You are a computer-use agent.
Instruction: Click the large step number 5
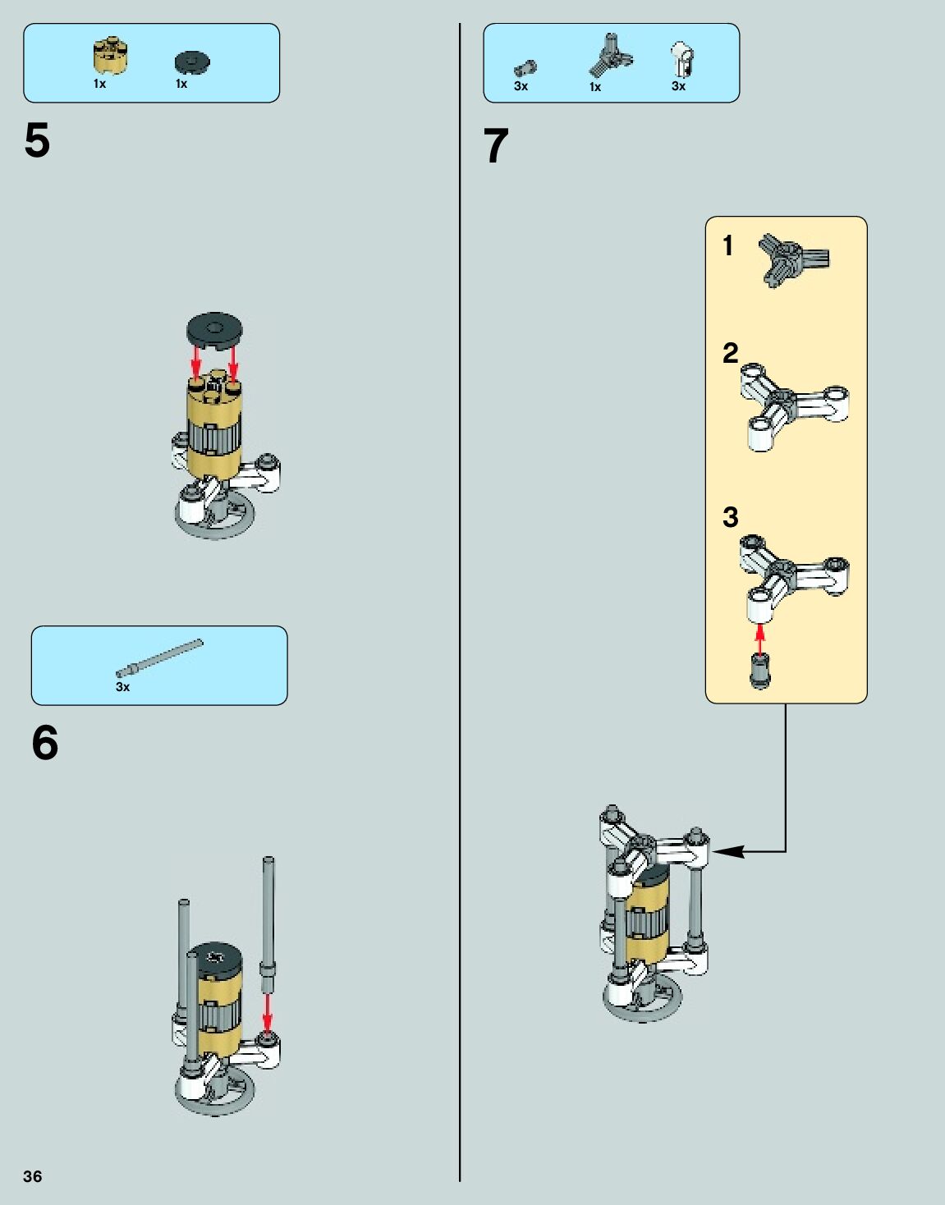(37, 141)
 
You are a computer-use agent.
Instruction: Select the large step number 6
(45, 743)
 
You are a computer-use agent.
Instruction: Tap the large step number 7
(496, 147)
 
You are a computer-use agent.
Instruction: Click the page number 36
(32, 1176)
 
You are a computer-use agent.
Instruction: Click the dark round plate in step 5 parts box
(192, 62)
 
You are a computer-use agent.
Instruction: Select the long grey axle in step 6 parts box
(159, 658)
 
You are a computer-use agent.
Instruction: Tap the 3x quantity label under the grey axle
(122, 687)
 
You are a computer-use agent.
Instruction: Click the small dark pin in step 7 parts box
(525, 68)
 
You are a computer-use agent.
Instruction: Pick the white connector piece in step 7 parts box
(681, 59)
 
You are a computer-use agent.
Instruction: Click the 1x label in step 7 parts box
(595, 87)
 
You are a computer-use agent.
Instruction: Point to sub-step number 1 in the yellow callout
(727, 245)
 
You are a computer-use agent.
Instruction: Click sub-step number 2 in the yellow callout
(730, 353)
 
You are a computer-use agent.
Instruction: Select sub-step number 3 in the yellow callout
(730, 517)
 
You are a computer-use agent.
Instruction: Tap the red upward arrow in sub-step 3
(760, 638)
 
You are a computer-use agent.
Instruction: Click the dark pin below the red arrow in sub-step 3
(760, 671)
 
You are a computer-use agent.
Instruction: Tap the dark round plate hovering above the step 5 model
(214, 328)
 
